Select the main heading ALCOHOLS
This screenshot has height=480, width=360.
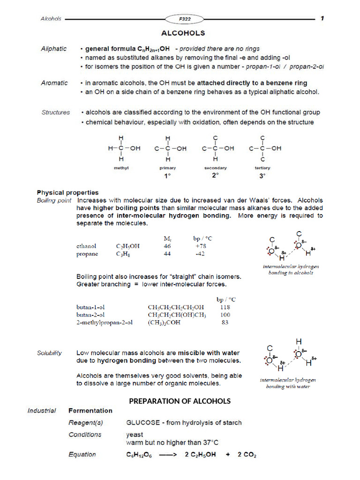pos(183,33)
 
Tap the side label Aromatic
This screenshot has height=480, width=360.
pos(55,82)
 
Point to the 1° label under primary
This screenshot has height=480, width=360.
pos(167,176)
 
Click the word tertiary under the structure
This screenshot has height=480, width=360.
pos(262,168)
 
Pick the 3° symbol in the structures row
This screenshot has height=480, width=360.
pos(262,176)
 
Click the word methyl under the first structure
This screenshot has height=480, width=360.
pos(121,168)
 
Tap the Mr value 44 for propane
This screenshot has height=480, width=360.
pos(167,254)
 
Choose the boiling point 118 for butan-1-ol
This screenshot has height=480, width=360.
pos(225,307)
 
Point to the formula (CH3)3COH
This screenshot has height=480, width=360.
pos(166,322)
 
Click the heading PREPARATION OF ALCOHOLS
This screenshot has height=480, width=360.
pos(180,401)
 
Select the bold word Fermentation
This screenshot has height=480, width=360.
pos(90,411)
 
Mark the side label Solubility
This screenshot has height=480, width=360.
pos(50,353)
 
